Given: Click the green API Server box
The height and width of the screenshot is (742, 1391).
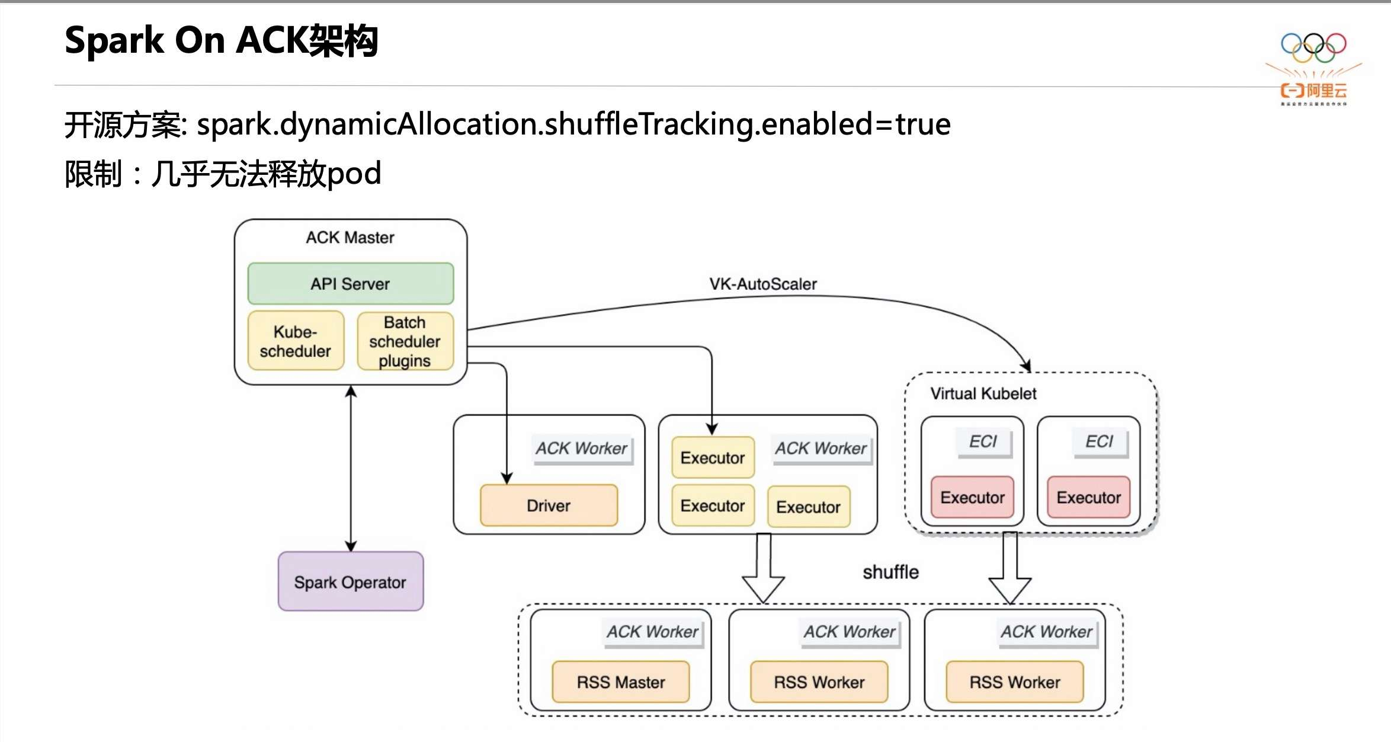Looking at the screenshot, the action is (x=351, y=284).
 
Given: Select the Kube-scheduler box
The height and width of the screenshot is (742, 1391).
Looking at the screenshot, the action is (x=296, y=341).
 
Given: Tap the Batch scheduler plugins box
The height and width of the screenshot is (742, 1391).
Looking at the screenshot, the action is (x=405, y=341).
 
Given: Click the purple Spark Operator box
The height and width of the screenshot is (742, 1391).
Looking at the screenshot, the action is (x=351, y=581).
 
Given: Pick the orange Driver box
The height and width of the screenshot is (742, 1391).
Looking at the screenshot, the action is (x=549, y=506).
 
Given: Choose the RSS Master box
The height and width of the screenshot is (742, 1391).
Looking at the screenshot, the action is (x=621, y=682).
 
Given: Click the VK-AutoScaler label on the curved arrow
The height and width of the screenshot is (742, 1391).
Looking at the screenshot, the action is (x=763, y=284).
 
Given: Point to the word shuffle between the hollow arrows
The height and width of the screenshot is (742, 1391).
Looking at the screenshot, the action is (x=890, y=572).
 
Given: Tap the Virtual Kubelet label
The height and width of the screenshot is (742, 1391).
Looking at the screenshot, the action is (x=983, y=394).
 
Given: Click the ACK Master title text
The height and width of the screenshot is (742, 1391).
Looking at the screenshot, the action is (x=350, y=238).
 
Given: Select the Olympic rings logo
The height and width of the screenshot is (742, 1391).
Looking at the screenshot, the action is (x=1313, y=47).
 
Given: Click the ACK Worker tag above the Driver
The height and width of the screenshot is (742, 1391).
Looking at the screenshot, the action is (x=581, y=449).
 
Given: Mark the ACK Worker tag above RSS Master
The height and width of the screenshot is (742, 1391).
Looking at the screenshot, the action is (x=652, y=632).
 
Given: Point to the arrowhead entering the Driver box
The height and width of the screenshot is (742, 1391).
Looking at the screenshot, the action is (x=507, y=478).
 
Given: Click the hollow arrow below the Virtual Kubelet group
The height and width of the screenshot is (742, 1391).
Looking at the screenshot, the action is (x=1010, y=568).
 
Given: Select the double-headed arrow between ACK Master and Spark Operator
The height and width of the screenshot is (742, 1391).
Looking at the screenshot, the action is (x=351, y=468).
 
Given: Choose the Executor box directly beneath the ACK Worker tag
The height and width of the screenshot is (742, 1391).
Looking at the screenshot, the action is (x=809, y=507).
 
